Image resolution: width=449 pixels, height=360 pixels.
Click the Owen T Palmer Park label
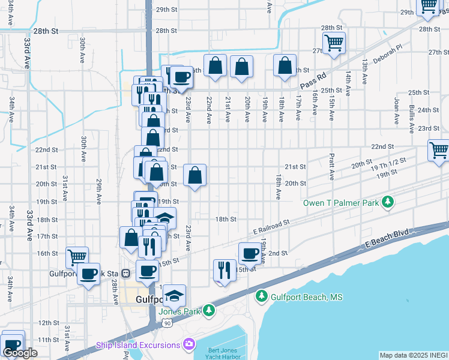click(x=341, y=203)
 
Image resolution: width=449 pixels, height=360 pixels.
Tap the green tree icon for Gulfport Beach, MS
click(x=261, y=296)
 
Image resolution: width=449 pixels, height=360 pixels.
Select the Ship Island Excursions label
click(x=138, y=345)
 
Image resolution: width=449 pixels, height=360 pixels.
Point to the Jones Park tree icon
click(x=208, y=310)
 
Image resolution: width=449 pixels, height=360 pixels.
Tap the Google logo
click(x=20, y=353)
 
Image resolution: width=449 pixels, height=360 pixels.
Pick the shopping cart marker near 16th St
click(x=77, y=257)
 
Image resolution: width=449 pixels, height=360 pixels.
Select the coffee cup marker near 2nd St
click(x=250, y=253)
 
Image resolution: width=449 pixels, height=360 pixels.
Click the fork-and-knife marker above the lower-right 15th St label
click(x=224, y=270)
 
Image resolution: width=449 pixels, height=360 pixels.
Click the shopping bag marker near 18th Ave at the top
click(x=285, y=65)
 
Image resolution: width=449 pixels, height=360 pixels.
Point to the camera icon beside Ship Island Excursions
click(x=189, y=344)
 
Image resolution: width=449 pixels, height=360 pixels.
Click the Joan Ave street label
click(x=396, y=111)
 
